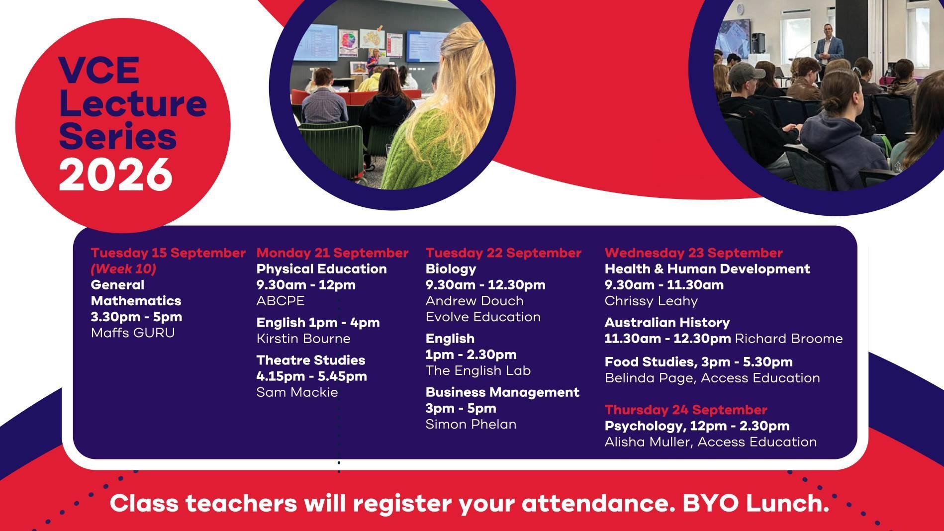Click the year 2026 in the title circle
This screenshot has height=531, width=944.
(x=115, y=174)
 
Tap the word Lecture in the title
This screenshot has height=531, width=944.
(x=132, y=103)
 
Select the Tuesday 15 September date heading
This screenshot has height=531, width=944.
(x=168, y=253)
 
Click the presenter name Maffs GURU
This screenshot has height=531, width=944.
(x=133, y=333)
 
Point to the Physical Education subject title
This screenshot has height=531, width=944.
(x=321, y=269)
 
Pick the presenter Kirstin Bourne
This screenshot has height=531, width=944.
(x=303, y=339)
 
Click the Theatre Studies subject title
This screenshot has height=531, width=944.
(x=311, y=360)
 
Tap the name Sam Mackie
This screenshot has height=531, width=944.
(x=297, y=392)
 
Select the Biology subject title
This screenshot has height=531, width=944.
(x=451, y=269)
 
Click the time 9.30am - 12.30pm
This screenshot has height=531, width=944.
(x=485, y=285)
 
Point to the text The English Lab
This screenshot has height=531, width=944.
(x=478, y=370)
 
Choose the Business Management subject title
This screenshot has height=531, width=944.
(x=502, y=392)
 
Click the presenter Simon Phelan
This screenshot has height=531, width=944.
(x=471, y=424)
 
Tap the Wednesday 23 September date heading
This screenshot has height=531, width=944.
(x=694, y=253)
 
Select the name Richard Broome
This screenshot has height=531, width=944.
(x=789, y=339)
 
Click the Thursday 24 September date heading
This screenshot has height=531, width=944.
(x=686, y=410)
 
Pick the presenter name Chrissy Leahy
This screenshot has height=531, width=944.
(x=651, y=301)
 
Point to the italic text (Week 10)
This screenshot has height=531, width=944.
(x=123, y=269)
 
